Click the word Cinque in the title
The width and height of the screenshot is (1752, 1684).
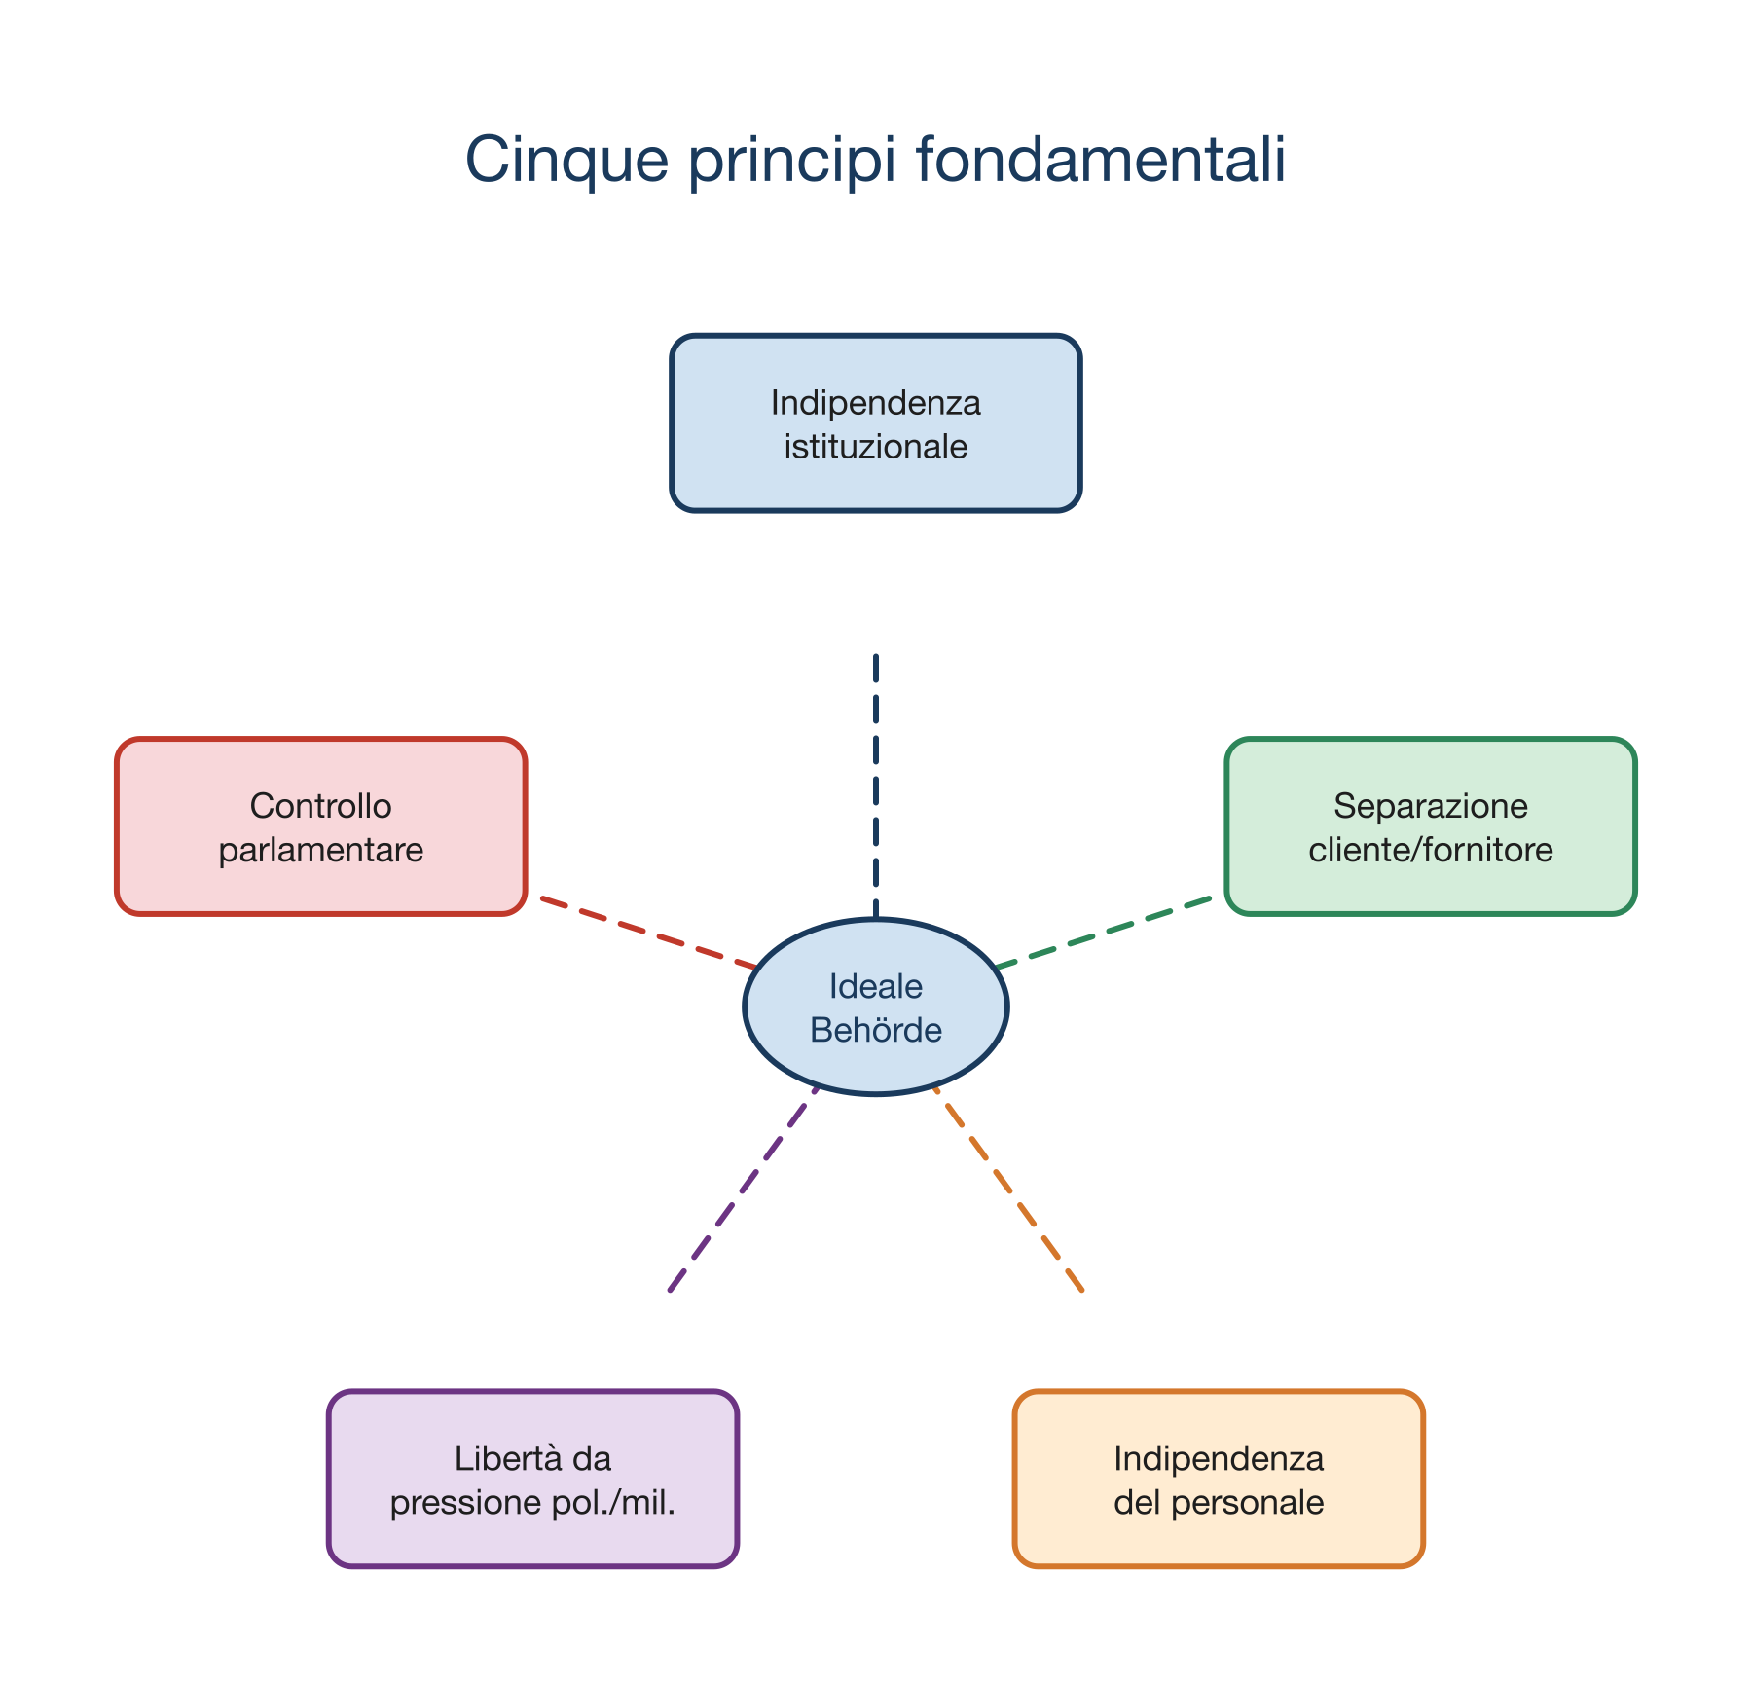566,160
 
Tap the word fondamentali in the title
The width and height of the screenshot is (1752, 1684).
1101,160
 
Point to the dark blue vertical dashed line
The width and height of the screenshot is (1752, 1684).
876,779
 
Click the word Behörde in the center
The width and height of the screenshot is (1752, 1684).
876,1030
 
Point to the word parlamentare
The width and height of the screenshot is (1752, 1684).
321,851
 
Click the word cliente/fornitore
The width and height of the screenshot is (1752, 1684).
1431,851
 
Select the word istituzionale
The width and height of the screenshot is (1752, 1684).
876,448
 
